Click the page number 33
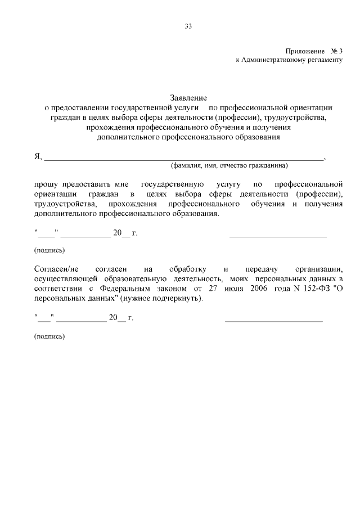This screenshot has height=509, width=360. coord(188,26)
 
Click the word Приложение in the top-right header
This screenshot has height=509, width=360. coord(301,51)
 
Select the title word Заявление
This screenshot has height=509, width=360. coord(188,98)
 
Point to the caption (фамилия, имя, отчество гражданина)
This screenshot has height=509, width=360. coord(229,166)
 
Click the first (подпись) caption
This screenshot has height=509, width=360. coord(49,250)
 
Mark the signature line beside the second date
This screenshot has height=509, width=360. coord(273,321)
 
